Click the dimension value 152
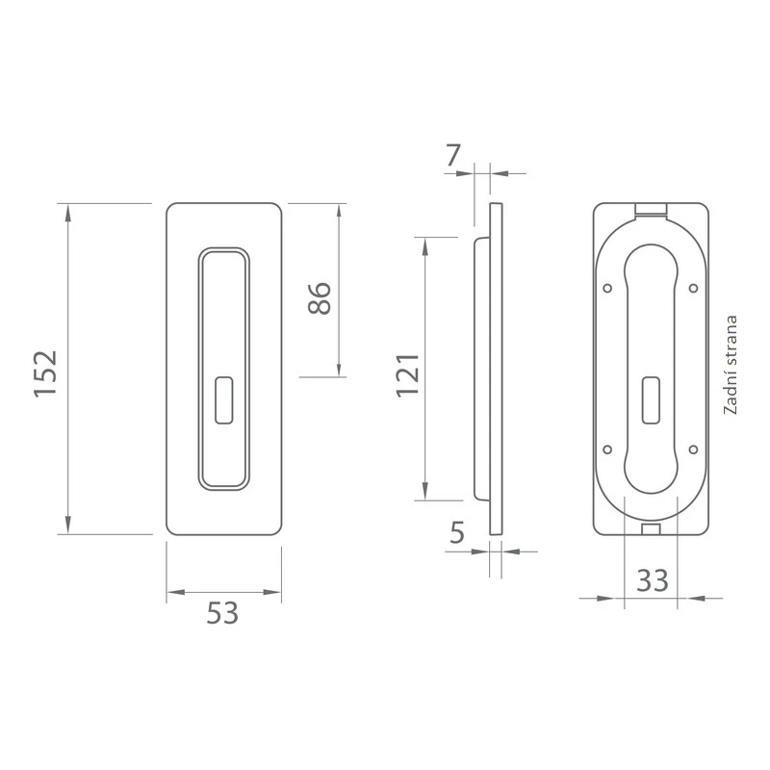pyautogui.click(x=45, y=373)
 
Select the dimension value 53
pyautogui.click(x=222, y=613)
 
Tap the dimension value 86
pyautogui.click(x=320, y=298)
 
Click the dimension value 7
pyautogui.click(x=452, y=155)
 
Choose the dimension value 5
pyautogui.click(x=456, y=532)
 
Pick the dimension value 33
pyautogui.click(x=653, y=580)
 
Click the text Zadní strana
pyautogui.click(x=731, y=365)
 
